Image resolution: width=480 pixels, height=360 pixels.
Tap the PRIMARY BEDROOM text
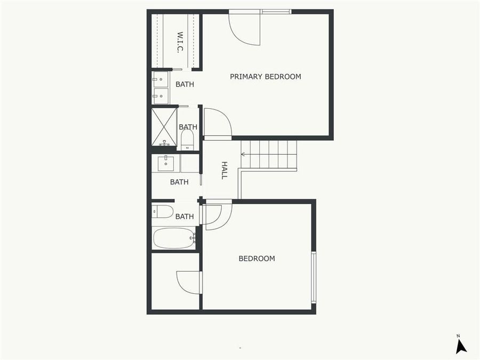click(265, 76)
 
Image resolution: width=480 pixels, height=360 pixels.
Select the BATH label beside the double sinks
click(185, 84)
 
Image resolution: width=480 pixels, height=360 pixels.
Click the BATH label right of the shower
click(188, 127)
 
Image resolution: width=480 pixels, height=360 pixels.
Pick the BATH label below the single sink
click(179, 182)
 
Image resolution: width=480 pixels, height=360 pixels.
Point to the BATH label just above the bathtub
click(185, 217)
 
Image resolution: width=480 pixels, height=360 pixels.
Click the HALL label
click(225, 170)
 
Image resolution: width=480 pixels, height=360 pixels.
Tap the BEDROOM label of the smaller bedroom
click(257, 259)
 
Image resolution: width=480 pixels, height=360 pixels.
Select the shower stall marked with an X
click(164, 127)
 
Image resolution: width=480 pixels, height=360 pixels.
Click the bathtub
click(174, 238)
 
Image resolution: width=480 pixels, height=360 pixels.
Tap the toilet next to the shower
click(187, 140)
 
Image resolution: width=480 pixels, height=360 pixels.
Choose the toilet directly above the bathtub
click(163, 212)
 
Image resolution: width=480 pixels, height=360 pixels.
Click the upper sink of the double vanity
click(160, 79)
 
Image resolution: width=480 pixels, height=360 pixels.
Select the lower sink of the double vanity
click(160, 97)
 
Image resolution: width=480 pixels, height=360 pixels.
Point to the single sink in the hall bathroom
click(165, 162)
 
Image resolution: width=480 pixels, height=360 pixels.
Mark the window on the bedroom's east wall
click(314, 277)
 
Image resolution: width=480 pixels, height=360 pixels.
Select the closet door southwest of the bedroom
click(189, 282)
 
